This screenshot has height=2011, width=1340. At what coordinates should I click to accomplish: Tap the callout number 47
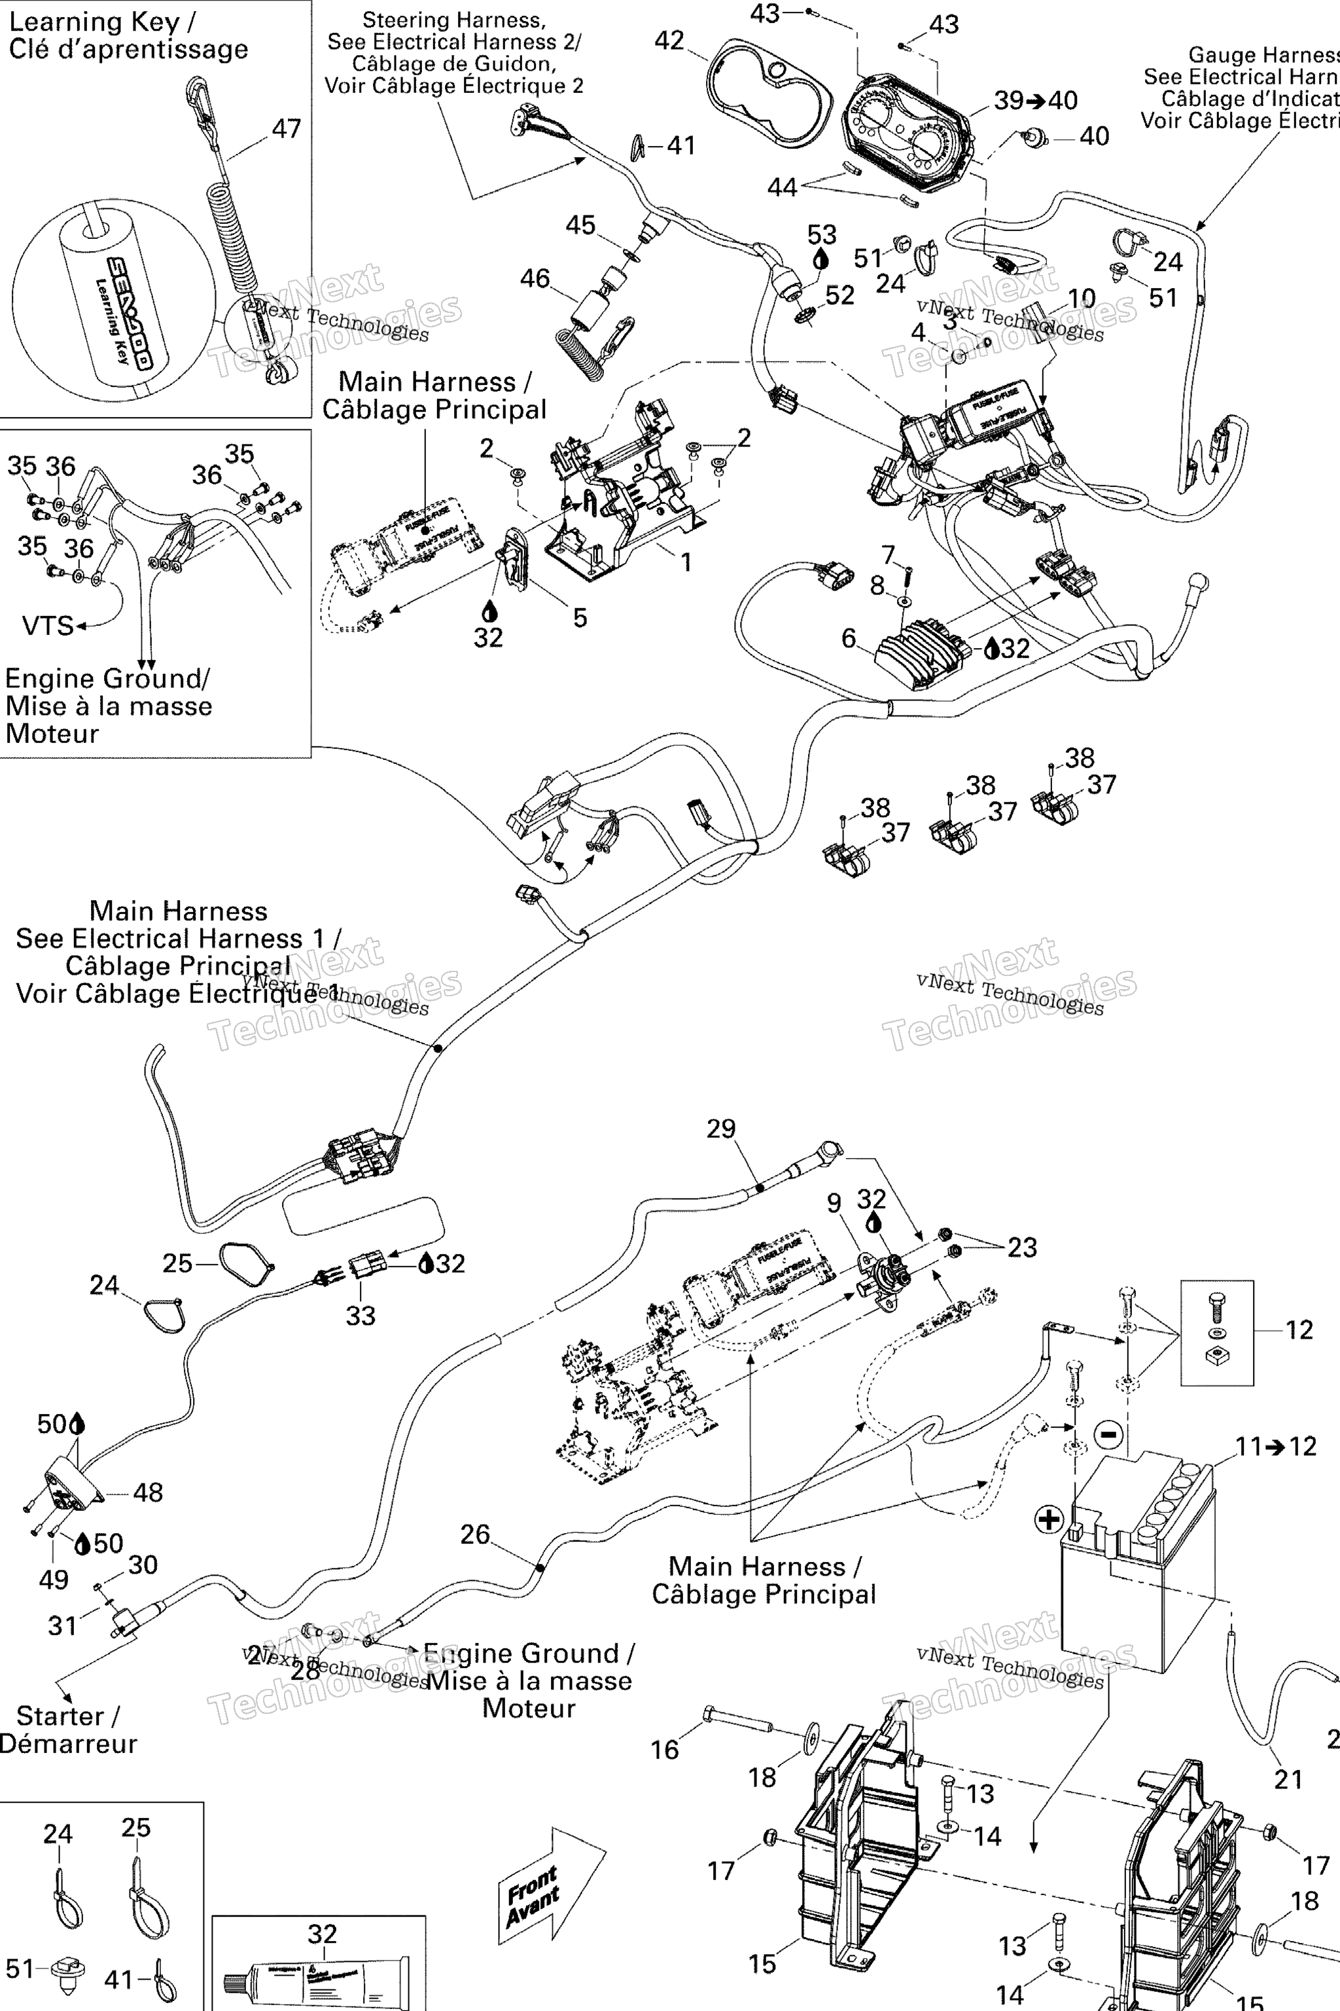point(287,128)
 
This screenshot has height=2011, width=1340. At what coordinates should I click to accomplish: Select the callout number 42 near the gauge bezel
point(669,40)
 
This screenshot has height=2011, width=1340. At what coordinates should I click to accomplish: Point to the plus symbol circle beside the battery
point(1049,1519)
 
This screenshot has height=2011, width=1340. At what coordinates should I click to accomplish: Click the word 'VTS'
point(48,626)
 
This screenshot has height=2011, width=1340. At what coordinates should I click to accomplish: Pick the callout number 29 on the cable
point(720,1129)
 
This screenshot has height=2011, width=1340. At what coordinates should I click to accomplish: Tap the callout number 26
point(475,1534)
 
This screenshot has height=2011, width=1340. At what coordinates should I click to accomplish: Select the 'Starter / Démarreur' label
point(67,1730)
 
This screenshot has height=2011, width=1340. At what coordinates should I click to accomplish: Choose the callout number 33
point(360,1315)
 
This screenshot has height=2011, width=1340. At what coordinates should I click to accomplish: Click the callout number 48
point(148,1492)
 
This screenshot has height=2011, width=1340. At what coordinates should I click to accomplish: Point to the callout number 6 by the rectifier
point(848,637)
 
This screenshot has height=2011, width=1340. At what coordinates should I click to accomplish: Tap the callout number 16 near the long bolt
point(665,1749)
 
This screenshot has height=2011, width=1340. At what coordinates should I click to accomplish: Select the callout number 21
point(1288,1779)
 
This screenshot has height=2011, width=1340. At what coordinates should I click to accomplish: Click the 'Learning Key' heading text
point(128,35)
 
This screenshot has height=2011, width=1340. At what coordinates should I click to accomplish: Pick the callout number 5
point(580,617)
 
